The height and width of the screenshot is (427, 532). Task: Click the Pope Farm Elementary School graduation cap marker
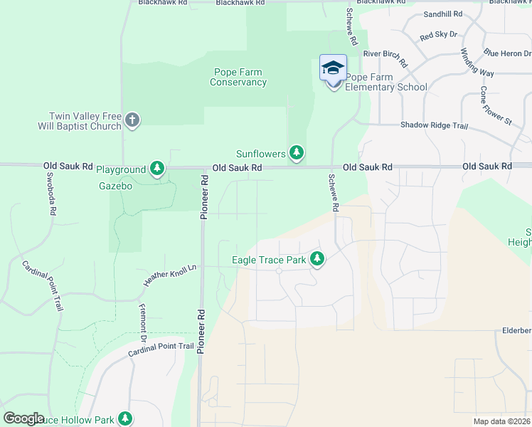(x=333, y=69)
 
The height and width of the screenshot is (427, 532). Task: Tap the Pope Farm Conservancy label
(x=239, y=77)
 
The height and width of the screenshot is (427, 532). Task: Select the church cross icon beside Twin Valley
(x=132, y=120)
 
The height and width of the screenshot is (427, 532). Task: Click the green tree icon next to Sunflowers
(x=297, y=153)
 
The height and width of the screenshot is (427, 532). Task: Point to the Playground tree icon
(x=157, y=169)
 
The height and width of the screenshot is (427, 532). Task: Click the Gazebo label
(x=115, y=185)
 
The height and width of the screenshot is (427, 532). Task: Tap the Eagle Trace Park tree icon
(x=317, y=260)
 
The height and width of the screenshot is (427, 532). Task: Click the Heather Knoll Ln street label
(x=169, y=274)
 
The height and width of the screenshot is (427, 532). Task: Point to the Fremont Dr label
(x=143, y=315)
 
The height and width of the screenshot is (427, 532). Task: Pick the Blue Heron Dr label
(x=508, y=53)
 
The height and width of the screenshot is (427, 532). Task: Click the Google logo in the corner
(x=24, y=418)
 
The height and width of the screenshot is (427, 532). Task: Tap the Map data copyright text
(x=501, y=421)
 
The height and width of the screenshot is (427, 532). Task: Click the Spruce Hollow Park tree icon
(x=125, y=418)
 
